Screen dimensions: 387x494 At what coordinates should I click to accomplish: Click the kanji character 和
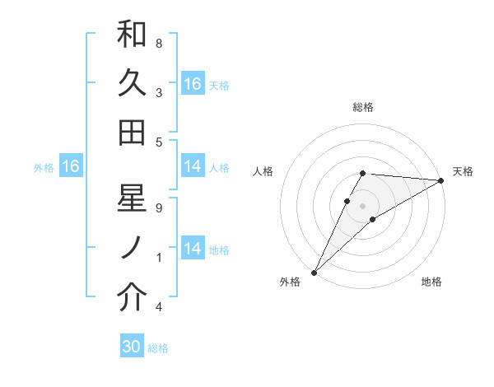click(133, 35)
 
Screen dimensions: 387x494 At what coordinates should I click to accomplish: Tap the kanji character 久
click(133, 83)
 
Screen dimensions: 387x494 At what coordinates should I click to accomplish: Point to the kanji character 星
click(133, 199)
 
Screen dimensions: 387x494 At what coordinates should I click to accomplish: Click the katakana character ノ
click(133, 248)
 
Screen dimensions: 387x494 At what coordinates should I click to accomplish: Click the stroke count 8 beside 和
click(159, 43)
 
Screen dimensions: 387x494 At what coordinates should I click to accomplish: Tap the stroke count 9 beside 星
click(159, 207)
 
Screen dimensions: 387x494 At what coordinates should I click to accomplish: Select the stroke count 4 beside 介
click(159, 306)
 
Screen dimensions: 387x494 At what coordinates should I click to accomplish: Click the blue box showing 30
click(132, 347)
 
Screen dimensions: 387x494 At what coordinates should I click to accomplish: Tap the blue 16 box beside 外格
click(70, 167)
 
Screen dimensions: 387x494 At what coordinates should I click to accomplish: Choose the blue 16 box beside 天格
click(192, 84)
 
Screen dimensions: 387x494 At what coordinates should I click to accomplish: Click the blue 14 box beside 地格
click(192, 249)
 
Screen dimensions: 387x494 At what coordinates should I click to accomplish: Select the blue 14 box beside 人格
click(192, 166)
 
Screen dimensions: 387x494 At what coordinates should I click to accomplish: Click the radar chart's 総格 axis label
click(363, 107)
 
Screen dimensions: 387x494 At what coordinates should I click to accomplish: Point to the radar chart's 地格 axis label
click(431, 282)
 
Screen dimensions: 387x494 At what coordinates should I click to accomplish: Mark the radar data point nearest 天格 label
click(441, 180)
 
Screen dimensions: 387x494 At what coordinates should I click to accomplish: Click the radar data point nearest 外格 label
click(314, 272)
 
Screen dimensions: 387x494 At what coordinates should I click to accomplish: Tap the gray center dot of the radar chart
click(363, 206)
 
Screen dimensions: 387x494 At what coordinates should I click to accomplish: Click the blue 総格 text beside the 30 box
click(158, 348)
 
